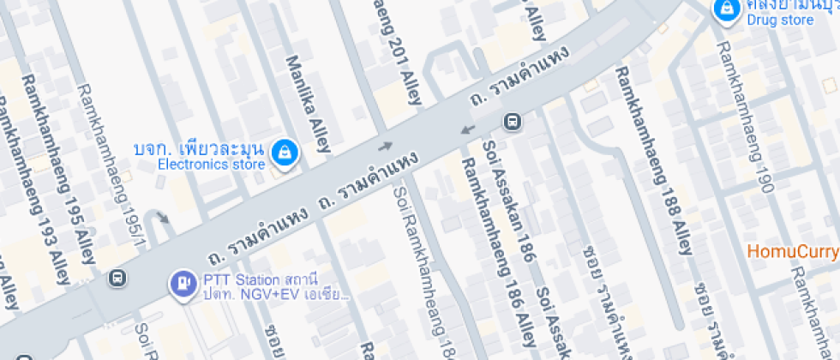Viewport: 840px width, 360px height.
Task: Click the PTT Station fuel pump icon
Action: click(183, 281)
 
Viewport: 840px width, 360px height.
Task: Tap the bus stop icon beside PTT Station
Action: click(116, 279)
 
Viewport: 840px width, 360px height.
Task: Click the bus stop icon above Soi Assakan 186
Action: click(512, 122)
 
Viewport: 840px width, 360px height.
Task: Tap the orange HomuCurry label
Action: click(792, 251)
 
